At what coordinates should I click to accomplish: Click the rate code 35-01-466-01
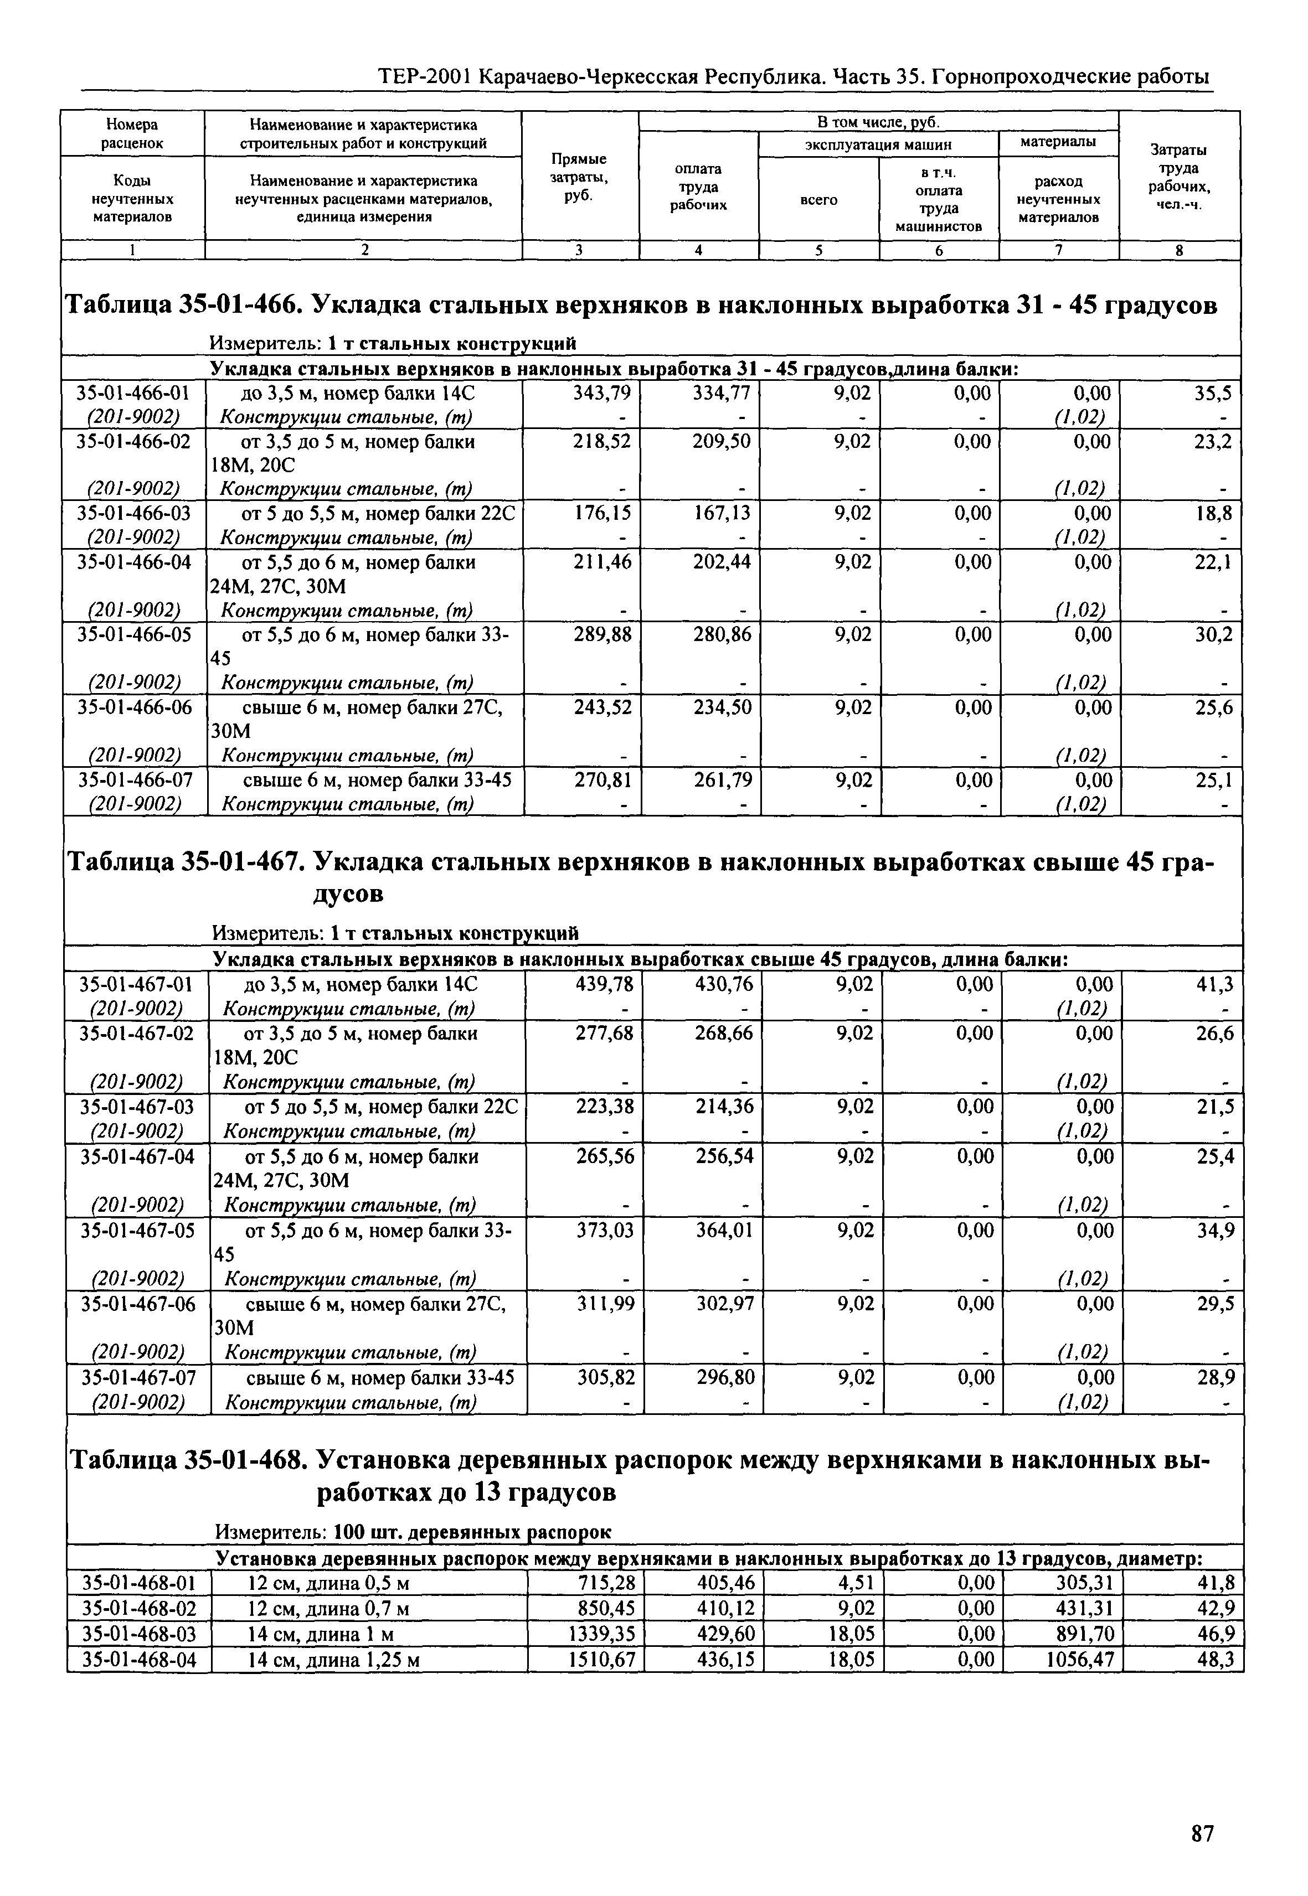133,393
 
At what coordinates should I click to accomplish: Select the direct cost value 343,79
603,393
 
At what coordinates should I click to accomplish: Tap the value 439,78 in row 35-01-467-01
605,984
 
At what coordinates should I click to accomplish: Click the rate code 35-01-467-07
138,1378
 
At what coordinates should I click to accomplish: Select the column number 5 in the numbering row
818,251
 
